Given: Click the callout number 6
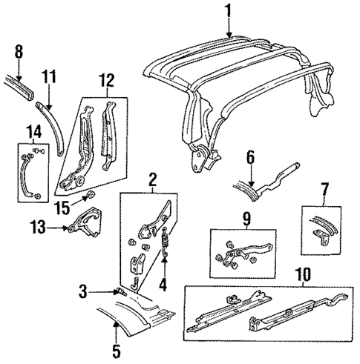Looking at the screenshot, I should (x=251, y=157).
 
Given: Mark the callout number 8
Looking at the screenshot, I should (x=19, y=52).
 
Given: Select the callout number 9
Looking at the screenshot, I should (x=227, y=219).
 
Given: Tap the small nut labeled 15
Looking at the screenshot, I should (x=88, y=197).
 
